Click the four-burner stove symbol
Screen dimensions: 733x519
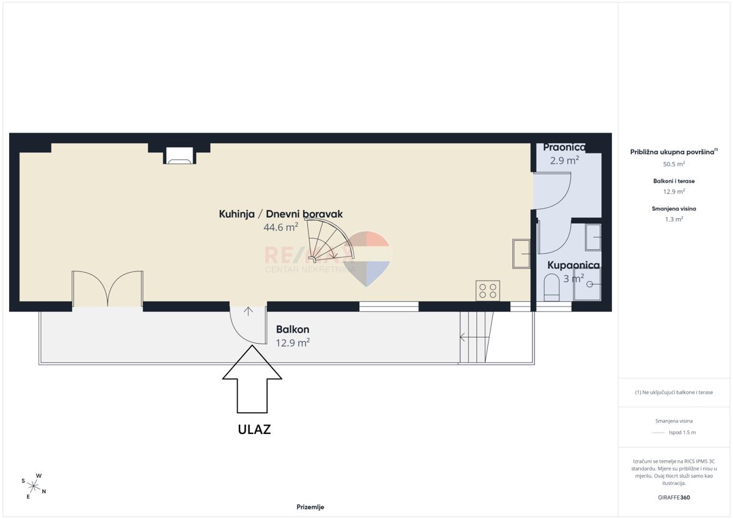[487, 290]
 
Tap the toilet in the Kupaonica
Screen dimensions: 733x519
[552, 287]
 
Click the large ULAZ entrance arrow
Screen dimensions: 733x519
[252, 379]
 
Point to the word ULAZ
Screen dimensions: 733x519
[254, 430]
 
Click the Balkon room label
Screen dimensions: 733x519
[293, 329]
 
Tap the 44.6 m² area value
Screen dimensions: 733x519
[281, 227]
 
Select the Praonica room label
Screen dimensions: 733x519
[564, 147]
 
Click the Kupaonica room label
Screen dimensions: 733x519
[574, 265]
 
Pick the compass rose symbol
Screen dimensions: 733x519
[34, 486]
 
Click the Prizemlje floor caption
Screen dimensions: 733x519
[310, 507]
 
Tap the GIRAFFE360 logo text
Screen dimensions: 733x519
[674, 498]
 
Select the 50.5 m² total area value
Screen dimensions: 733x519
[674, 164]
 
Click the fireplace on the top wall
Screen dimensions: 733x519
[180, 155]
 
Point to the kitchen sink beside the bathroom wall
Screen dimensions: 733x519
[521, 254]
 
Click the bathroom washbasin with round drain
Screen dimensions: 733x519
[587, 284]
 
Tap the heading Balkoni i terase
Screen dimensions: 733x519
[674, 181]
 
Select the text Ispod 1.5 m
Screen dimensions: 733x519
[682, 432]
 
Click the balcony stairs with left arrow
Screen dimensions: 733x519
[476, 337]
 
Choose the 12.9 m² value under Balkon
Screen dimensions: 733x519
[293, 343]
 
